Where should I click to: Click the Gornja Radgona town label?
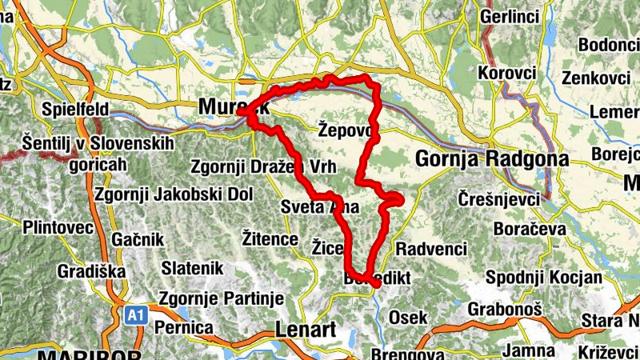[491, 158]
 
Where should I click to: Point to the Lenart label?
[302, 329]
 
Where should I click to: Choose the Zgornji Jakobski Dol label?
[173, 194]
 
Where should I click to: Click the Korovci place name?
[506, 73]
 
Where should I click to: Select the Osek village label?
[407, 318]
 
